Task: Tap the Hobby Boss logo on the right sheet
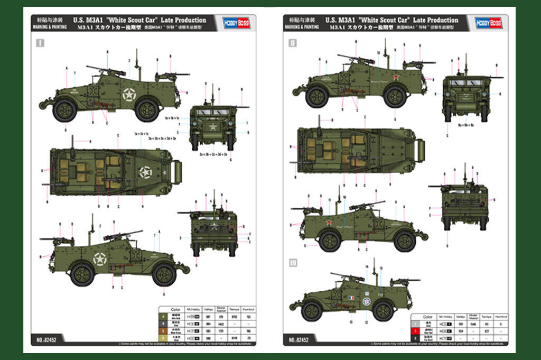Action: click(488, 22)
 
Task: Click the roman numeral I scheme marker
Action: click(40, 43)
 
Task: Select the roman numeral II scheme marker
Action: click(292, 43)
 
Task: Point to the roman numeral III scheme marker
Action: click(292, 263)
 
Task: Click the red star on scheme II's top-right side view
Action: click(394, 80)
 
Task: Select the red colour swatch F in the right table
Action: click(415, 330)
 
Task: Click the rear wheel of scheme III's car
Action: click(382, 311)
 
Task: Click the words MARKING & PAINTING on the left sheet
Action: click(49, 26)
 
